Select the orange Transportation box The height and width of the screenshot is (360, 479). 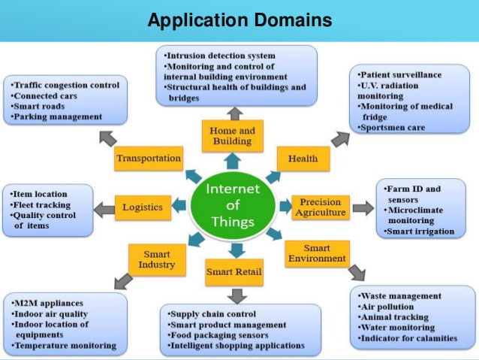(x=149, y=159)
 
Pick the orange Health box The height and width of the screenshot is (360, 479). (x=303, y=159)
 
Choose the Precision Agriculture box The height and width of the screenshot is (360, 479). (x=321, y=207)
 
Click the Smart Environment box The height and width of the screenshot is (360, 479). (x=317, y=254)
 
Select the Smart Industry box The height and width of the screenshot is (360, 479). (x=156, y=259)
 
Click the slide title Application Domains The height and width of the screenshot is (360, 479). (x=239, y=20)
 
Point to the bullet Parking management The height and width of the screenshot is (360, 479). (x=59, y=117)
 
